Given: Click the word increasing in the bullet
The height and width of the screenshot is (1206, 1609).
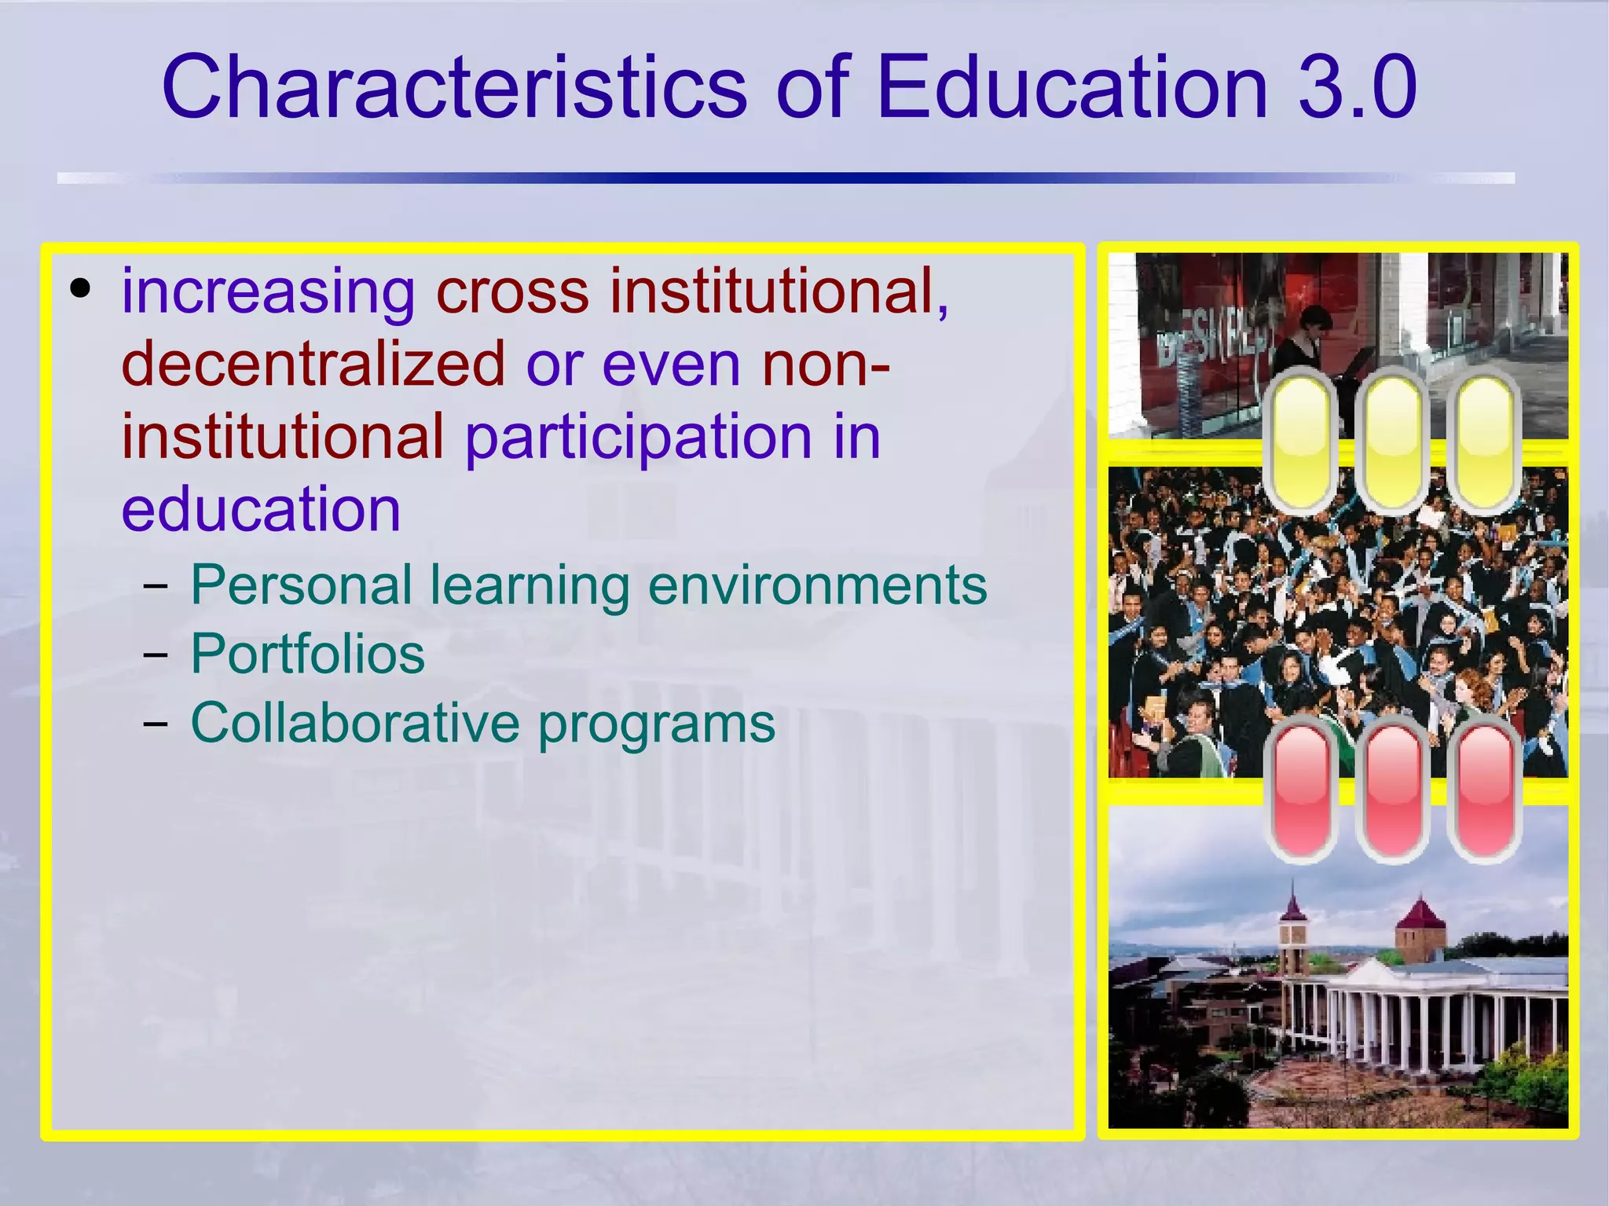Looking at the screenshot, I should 268,292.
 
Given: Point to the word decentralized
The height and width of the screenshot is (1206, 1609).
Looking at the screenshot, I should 313,364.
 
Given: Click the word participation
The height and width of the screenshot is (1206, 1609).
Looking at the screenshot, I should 638,437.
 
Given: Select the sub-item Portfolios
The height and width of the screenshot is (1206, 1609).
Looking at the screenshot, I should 307,654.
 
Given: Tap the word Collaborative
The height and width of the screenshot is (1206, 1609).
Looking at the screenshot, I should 355,723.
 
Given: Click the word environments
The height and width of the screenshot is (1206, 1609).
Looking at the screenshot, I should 817,585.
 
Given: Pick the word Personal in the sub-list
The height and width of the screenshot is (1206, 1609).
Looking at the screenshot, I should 301,585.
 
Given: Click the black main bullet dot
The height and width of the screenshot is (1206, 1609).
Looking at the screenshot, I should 79,288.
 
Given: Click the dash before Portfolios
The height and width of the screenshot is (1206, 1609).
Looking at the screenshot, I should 156,654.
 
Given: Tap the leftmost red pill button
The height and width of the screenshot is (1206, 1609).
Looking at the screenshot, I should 1301,790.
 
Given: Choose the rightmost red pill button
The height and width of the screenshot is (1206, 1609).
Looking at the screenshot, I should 1483,790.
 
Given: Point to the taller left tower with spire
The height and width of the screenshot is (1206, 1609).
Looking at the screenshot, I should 1292,935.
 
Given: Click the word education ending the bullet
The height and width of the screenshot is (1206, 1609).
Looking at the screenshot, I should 261,509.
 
